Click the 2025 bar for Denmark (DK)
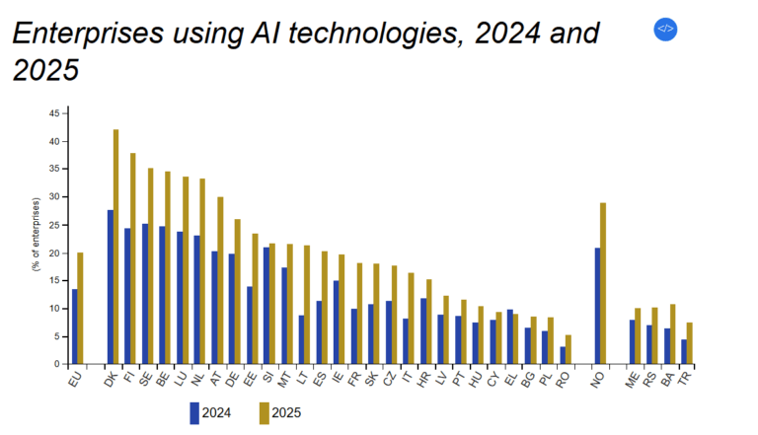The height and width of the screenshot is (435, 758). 115,247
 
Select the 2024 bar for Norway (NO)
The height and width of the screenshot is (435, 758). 597,306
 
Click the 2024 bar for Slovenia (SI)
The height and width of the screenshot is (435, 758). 266,306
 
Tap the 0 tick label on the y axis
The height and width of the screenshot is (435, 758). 55,364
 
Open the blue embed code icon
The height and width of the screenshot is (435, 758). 665,29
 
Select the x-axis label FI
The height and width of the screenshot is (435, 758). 128,378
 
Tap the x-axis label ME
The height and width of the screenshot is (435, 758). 634,378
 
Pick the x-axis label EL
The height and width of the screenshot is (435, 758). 509,378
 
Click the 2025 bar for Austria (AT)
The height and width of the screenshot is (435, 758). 220,280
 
